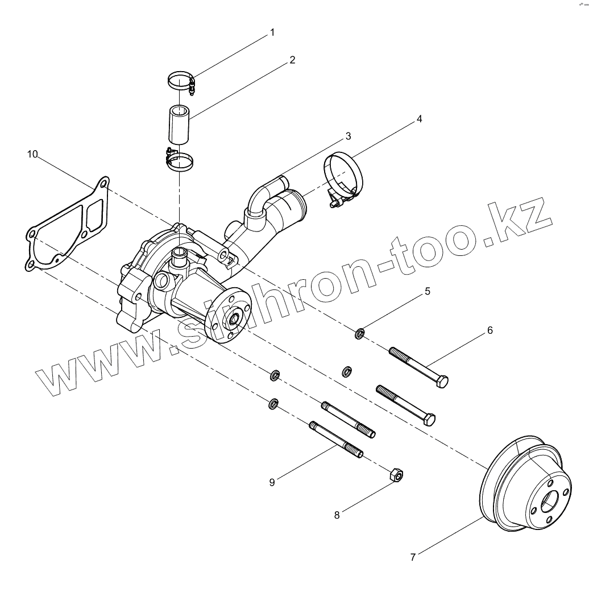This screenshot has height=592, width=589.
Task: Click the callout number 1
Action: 272,32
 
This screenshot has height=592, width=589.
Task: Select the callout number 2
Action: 292,59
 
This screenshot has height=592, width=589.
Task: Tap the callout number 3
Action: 347,136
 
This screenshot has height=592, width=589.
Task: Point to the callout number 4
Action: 419,119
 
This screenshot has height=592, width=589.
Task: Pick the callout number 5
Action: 427,291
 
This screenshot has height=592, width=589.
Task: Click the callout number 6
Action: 490,330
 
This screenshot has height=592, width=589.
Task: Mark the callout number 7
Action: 413,557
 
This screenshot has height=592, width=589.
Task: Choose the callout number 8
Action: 337,515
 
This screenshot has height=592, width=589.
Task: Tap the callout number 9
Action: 272,482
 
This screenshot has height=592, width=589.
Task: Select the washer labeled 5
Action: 360,333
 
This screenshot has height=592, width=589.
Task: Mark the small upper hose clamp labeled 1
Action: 182,81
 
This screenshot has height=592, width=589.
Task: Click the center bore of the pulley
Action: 550,500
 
